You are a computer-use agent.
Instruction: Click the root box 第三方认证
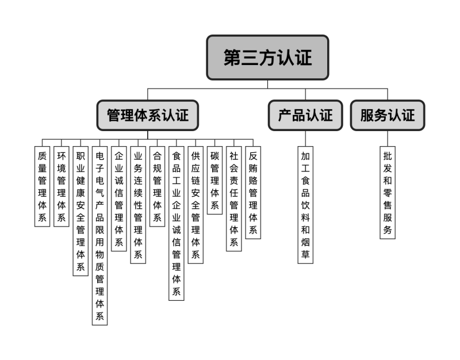coord(267,58)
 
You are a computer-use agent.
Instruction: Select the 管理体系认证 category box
coord(147,115)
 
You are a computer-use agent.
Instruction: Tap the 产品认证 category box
coord(305,115)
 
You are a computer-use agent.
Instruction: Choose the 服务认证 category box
coord(388,115)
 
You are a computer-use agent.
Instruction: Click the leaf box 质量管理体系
coord(42,186)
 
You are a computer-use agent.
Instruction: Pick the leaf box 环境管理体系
coord(61,186)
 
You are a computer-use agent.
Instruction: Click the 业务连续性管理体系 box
coord(138,205)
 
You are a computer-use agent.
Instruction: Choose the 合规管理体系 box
coord(157,186)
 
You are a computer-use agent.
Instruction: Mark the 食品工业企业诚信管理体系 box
coord(177,223)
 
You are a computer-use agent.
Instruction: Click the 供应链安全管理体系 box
coord(195,205)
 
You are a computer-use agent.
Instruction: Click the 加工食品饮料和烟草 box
coord(305,205)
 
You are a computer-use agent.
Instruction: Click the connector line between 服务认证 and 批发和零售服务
coord(388,138)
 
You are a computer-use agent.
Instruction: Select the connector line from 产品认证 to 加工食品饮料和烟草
coord(305,138)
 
